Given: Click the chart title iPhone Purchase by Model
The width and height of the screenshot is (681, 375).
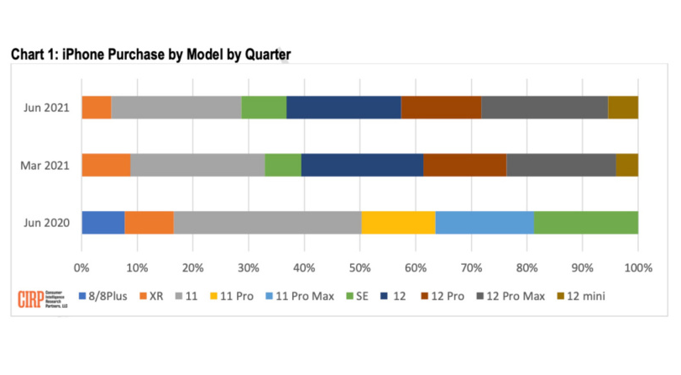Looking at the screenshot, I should [x=151, y=55].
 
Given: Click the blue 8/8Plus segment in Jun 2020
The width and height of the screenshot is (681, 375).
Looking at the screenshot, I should [x=102, y=223].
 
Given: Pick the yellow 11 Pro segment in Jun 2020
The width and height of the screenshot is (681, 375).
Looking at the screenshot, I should [x=398, y=223].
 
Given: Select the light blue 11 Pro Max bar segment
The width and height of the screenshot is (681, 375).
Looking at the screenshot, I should [x=485, y=223].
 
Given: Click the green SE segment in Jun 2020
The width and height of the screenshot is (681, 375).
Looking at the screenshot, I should [x=585, y=223].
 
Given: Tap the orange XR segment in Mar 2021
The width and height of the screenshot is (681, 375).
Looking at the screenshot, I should [x=106, y=165].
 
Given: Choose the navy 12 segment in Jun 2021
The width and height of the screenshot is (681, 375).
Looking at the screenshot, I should [x=343, y=108].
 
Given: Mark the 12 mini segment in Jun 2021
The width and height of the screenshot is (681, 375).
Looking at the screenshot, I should [x=622, y=108].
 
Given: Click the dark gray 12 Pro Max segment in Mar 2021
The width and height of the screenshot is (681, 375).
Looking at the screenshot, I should [x=561, y=165].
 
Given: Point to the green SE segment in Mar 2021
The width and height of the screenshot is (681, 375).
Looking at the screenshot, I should [x=283, y=165].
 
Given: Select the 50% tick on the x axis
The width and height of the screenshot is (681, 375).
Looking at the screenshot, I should [x=359, y=267].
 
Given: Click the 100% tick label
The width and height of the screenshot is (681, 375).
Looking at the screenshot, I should [x=637, y=267].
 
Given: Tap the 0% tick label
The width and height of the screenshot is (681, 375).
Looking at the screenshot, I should [x=81, y=267].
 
